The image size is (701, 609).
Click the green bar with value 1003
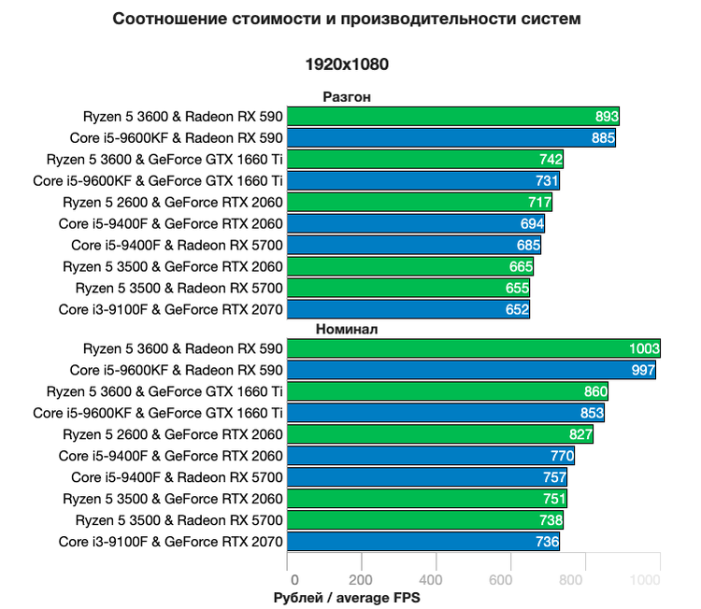(x=472, y=348)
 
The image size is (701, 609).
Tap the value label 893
(x=606, y=117)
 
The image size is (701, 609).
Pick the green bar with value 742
(x=424, y=160)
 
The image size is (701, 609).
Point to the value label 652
(x=517, y=309)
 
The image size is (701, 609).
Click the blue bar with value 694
(x=415, y=223)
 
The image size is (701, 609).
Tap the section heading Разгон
(x=348, y=96)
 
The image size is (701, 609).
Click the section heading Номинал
(x=347, y=329)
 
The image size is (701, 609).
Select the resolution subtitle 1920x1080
(x=347, y=64)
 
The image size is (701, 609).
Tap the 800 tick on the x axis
(x=585, y=579)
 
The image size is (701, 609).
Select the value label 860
(x=594, y=391)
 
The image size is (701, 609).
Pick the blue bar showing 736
(x=422, y=542)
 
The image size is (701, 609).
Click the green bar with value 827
(x=439, y=434)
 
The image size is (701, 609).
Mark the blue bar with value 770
(x=430, y=456)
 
